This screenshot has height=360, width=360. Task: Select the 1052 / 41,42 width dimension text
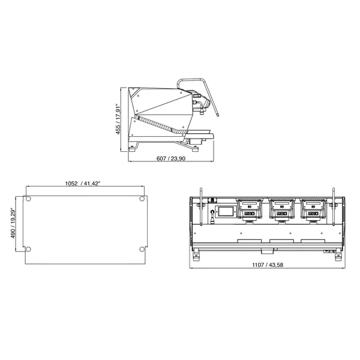[x=84, y=185]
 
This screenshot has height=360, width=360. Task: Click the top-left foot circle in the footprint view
[x=28, y=199]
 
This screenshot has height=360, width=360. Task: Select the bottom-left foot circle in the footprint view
[x=28, y=249]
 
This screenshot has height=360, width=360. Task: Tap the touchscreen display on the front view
[x=227, y=212]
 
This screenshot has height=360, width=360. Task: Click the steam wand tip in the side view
[x=217, y=115]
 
